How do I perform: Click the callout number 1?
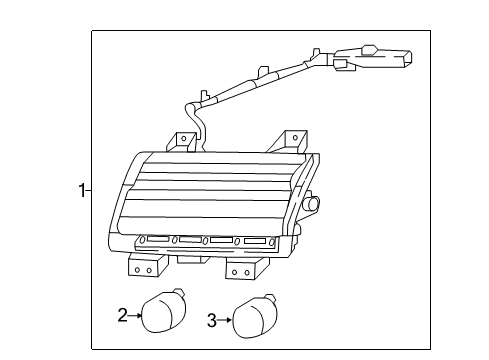(x=80, y=189)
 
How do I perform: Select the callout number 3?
(x=212, y=321)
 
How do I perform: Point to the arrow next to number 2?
(x=135, y=315)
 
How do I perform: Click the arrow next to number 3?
(x=225, y=321)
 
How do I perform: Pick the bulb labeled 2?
(x=159, y=312)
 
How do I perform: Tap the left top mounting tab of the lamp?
(x=184, y=142)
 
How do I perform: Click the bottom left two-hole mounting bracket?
(x=142, y=267)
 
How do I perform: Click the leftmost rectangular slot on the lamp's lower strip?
(x=157, y=239)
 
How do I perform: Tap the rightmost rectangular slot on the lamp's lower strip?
(x=255, y=241)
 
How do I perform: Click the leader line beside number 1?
(x=88, y=189)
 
